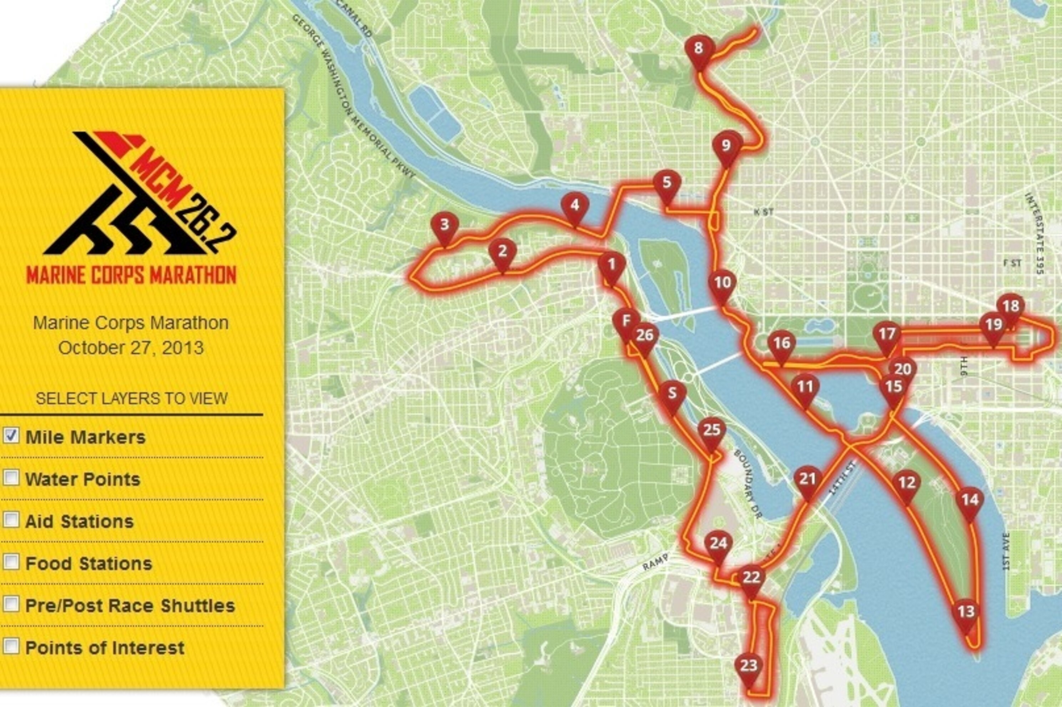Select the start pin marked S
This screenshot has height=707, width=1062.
tap(672, 395)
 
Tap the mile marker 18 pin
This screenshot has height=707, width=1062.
tap(1010, 307)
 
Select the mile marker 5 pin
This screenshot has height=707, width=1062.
tap(667, 184)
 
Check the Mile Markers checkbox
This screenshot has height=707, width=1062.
tap(11, 436)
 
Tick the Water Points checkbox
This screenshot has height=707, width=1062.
tap(11, 478)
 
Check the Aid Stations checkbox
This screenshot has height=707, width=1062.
tap(11, 520)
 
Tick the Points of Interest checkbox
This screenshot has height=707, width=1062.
tap(11, 647)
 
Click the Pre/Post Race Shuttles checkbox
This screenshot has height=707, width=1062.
tap(11, 604)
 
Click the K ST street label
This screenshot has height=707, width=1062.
tap(763, 211)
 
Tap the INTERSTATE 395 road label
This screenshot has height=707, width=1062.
tap(1034, 233)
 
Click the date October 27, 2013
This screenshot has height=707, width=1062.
tap(131, 348)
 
